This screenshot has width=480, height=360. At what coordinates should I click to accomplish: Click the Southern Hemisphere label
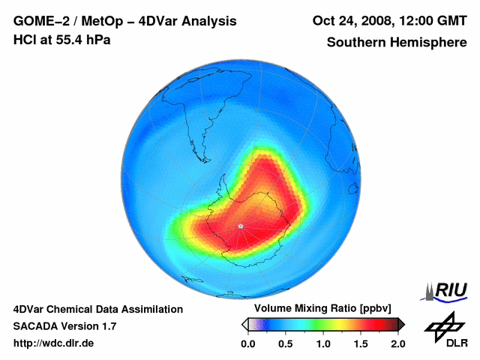pos(397,43)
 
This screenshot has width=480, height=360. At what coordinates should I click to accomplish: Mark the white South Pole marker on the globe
pos(241,226)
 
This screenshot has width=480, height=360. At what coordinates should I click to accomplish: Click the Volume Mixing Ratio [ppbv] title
pos(319,309)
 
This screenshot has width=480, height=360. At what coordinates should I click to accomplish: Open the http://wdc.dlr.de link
pos(54,343)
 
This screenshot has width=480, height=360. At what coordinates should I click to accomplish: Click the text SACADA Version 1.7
pos(64,326)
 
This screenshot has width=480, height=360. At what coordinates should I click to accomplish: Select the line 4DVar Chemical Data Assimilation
pos(97,309)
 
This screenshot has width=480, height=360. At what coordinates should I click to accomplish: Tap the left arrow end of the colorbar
pos(244,325)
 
